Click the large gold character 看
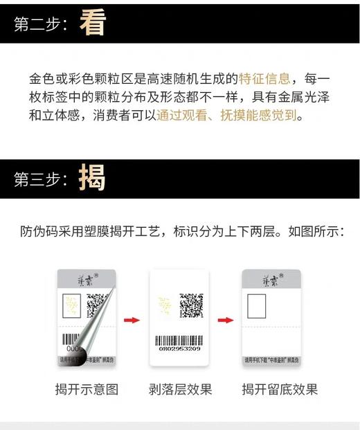pyautogui.click(x=93, y=24)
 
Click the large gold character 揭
pyautogui.click(x=93, y=178)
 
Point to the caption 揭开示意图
pyautogui.click(x=87, y=389)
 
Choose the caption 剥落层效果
pyautogui.click(x=180, y=389)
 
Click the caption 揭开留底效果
pyautogui.click(x=280, y=389)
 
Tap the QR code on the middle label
pyautogui.click(x=191, y=305)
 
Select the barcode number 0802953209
pyautogui.click(x=179, y=348)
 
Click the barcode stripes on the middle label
pyautogui.click(x=179, y=339)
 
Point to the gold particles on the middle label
pyautogui.click(x=166, y=306)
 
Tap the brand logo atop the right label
pyautogui.click(x=270, y=278)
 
